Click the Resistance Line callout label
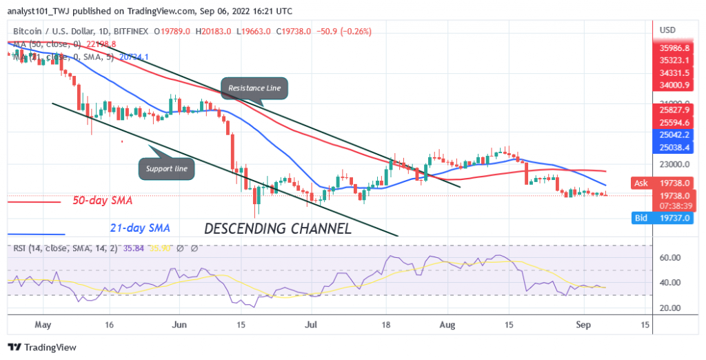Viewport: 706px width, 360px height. tap(254, 88)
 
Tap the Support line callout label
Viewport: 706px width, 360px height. tap(167, 168)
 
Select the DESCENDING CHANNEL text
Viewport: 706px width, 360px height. tap(276, 229)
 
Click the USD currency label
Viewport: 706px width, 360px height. tap(668, 30)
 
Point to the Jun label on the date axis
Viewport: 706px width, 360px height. tap(179, 323)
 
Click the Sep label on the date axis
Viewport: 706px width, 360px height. tap(584, 323)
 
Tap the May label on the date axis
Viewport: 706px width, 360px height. tap(43, 323)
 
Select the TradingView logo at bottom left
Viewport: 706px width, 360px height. tap(42, 347)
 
